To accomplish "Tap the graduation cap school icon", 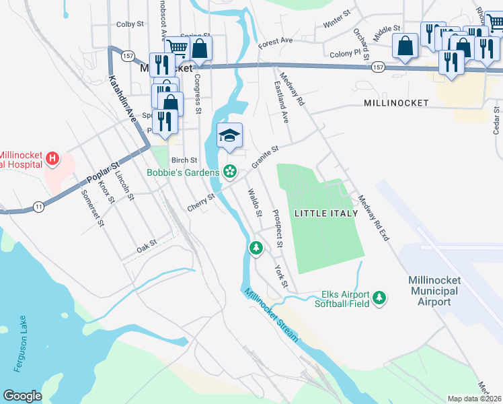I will tap(229, 136).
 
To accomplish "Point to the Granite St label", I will tap(265, 158).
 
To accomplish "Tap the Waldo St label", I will tap(254, 203).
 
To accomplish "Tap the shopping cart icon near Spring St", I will tap(176, 46).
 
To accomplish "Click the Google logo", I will tap(22, 396).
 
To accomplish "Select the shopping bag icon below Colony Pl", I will tap(405, 47).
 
